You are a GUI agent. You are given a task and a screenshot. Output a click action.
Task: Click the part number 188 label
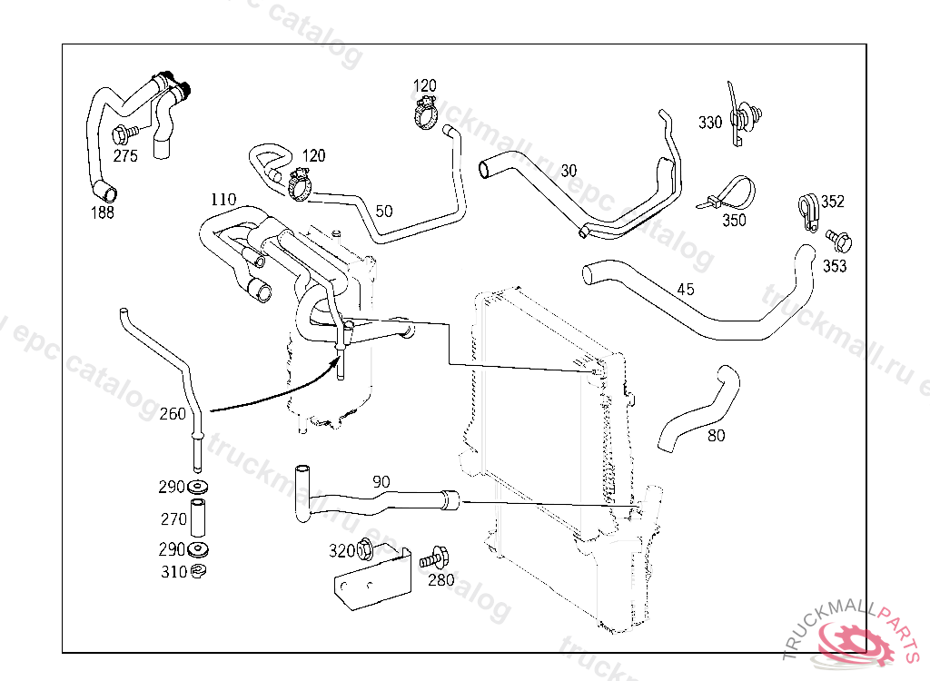tap(103, 212)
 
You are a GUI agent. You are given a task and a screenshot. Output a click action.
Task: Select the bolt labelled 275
tap(122, 135)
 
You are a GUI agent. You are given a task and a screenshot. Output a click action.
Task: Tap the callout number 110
tap(223, 199)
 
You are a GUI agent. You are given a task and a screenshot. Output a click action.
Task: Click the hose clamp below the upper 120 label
tap(425, 115)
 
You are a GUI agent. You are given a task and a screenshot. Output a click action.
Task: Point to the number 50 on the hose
tap(384, 211)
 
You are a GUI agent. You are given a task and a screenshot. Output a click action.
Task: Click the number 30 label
tap(569, 170)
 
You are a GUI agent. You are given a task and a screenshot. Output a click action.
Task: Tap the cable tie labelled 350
tap(732, 195)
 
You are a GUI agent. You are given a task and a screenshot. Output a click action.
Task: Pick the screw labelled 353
tap(839, 241)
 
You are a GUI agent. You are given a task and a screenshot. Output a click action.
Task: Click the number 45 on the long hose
tap(686, 290)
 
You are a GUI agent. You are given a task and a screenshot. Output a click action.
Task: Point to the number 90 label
tap(381, 481)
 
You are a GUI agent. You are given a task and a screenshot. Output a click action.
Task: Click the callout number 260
tap(172, 414)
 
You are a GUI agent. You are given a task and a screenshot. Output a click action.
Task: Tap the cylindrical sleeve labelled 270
tap(198, 517)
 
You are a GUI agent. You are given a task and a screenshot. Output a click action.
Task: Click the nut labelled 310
tap(198, 571)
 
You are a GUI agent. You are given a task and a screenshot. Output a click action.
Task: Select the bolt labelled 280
tap(435, 557)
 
